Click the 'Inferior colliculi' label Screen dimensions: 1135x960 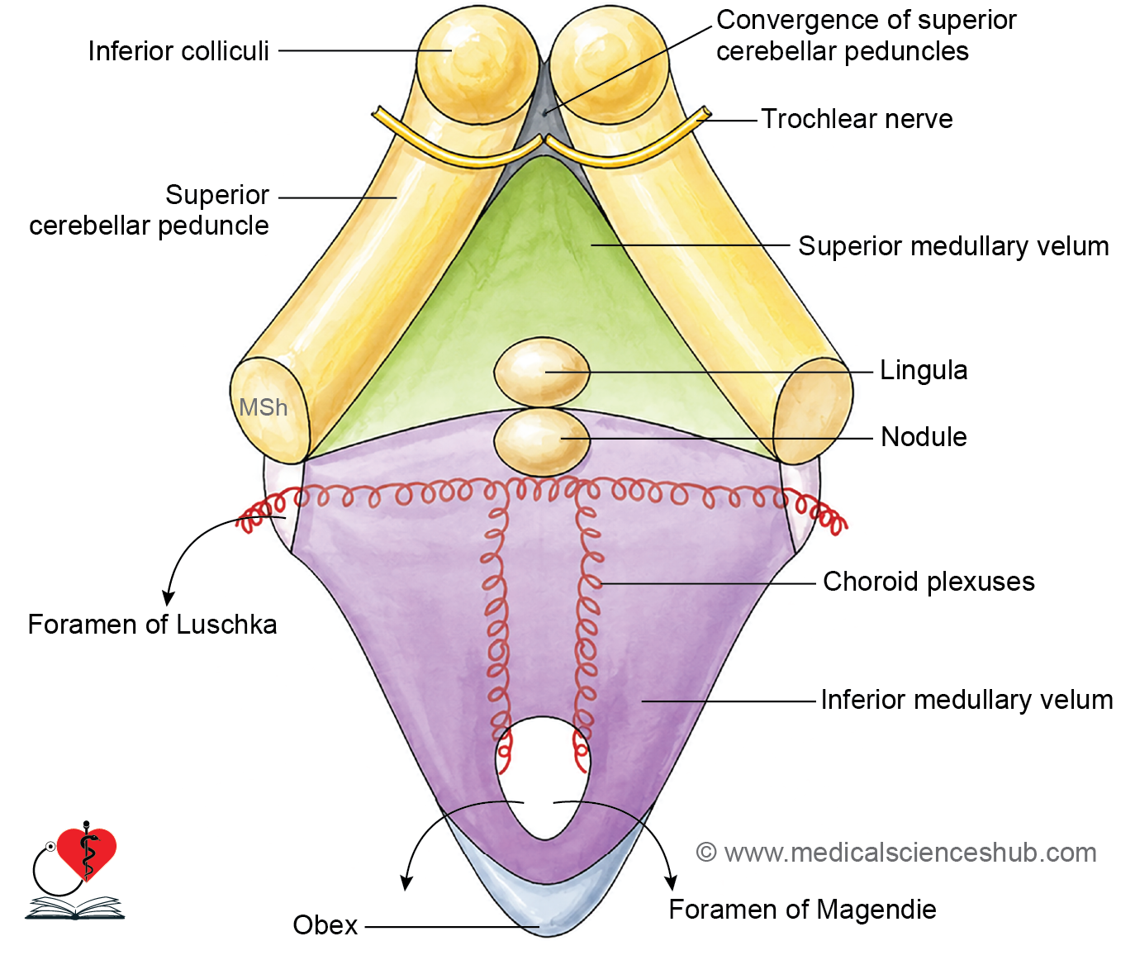(178, 51)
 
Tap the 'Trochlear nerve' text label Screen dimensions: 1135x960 (857, 119)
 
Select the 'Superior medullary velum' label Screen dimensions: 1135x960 (954, 246)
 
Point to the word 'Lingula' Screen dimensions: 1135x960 (924, 371)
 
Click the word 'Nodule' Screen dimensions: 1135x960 (924, 437)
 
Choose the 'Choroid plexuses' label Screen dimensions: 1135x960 (928, 582)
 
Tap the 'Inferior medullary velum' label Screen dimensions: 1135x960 (967, 701)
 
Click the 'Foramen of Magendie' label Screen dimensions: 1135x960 (802, 910)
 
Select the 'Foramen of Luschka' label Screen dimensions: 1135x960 (152, 625)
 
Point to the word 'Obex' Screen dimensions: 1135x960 (325, 925)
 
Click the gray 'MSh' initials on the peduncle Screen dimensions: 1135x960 (263, 407)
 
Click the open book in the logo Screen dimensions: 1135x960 (75, 909)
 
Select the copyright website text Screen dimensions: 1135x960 (896, 853)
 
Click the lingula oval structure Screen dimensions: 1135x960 (542, 372)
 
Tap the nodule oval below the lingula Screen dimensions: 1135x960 (542, 441)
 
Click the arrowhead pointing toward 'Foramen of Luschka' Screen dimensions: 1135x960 (169, 597)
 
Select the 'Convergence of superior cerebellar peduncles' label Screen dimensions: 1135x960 (867, 36)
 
